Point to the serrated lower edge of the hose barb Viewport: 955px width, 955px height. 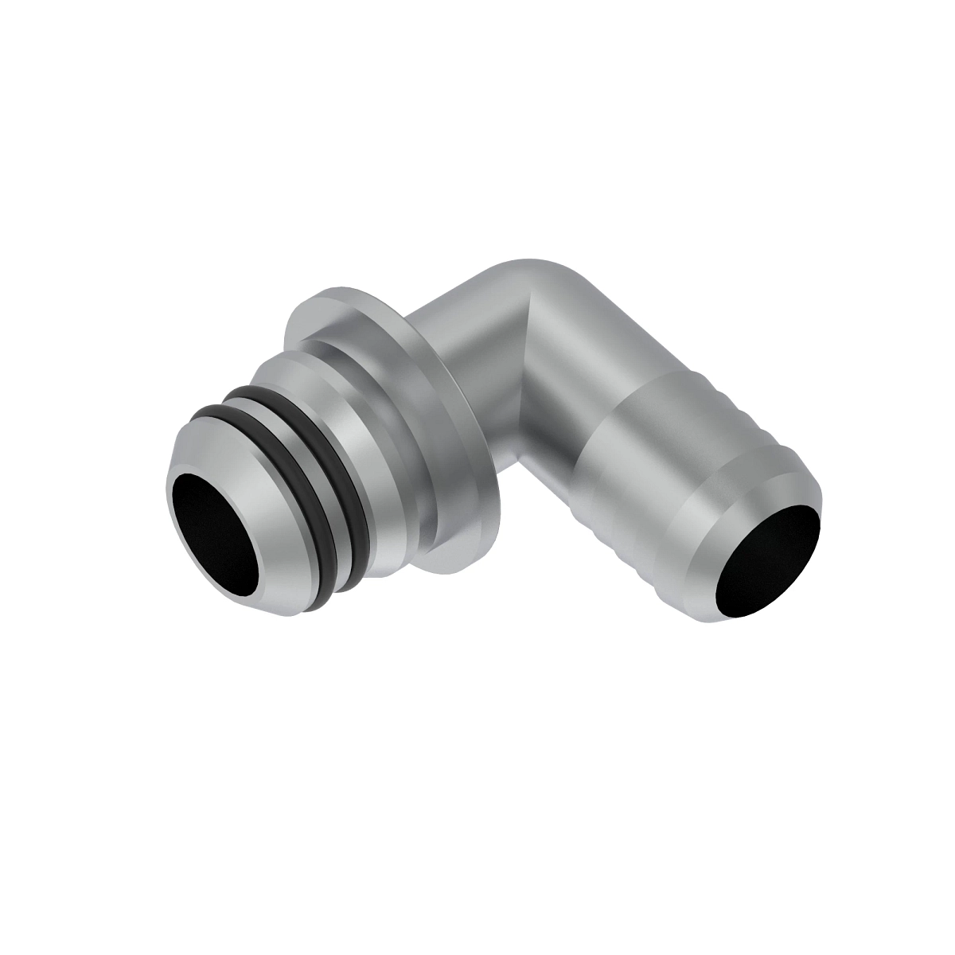[x=629, y=557]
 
